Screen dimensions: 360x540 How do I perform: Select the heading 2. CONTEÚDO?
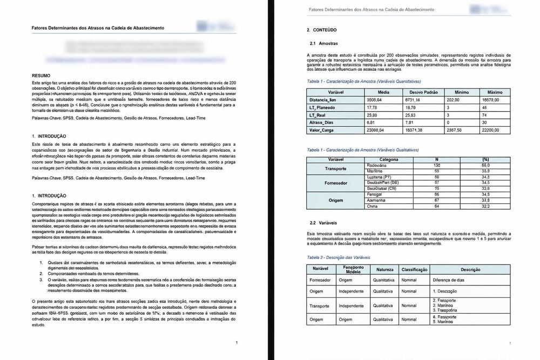point(323,31)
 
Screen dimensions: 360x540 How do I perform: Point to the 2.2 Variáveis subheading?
point(323,222)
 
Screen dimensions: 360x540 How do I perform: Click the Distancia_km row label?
point(326,100)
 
